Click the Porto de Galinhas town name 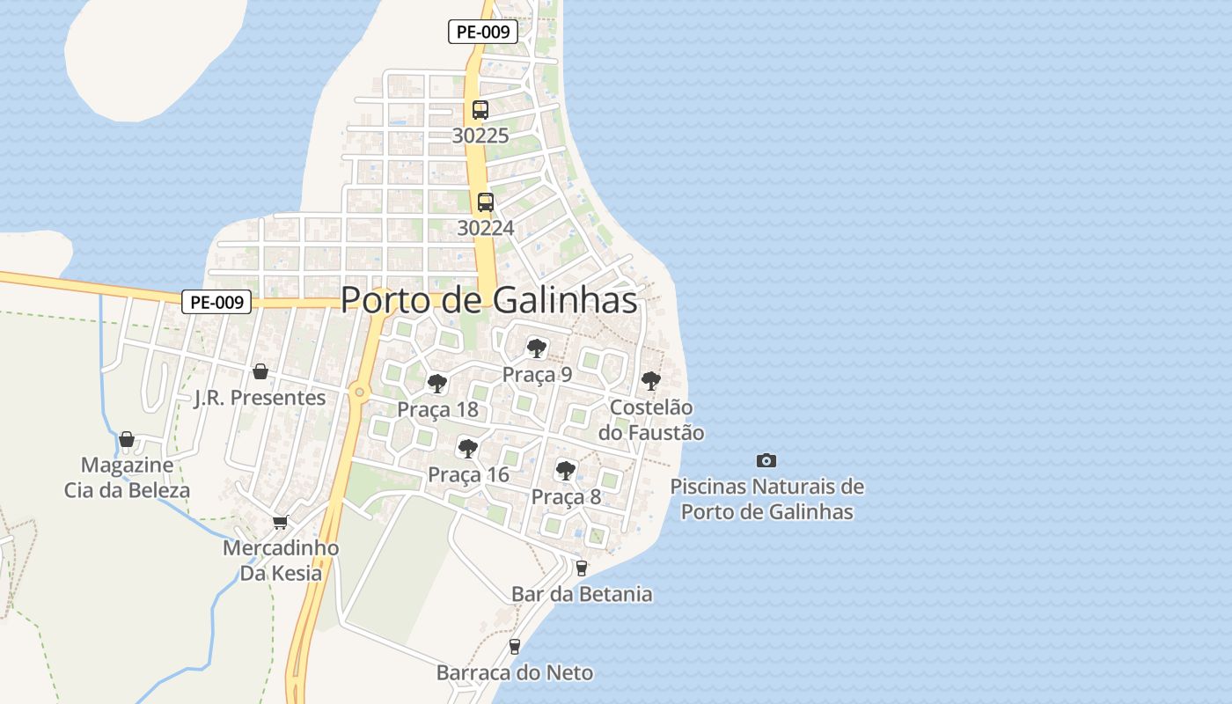point(488,300)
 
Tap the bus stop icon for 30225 point(480,110)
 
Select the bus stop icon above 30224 point(485,202)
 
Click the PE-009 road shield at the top point(483,32)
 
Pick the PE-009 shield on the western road point(216,302)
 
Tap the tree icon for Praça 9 point(537,348)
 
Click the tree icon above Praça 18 point(437,384)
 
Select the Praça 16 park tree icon point(468,449)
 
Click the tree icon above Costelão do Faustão point(651,381)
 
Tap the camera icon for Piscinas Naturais point(766,460)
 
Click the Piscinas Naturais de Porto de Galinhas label point(767,499)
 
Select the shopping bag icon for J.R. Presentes point(260,371)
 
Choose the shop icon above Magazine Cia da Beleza point(127,438)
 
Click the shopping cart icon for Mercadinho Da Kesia point(281,522)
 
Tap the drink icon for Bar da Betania point(581,568)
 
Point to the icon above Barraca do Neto point(515,647)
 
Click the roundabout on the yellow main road point(358,392)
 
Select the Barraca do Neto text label point(515,673)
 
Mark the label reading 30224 point(485,228)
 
